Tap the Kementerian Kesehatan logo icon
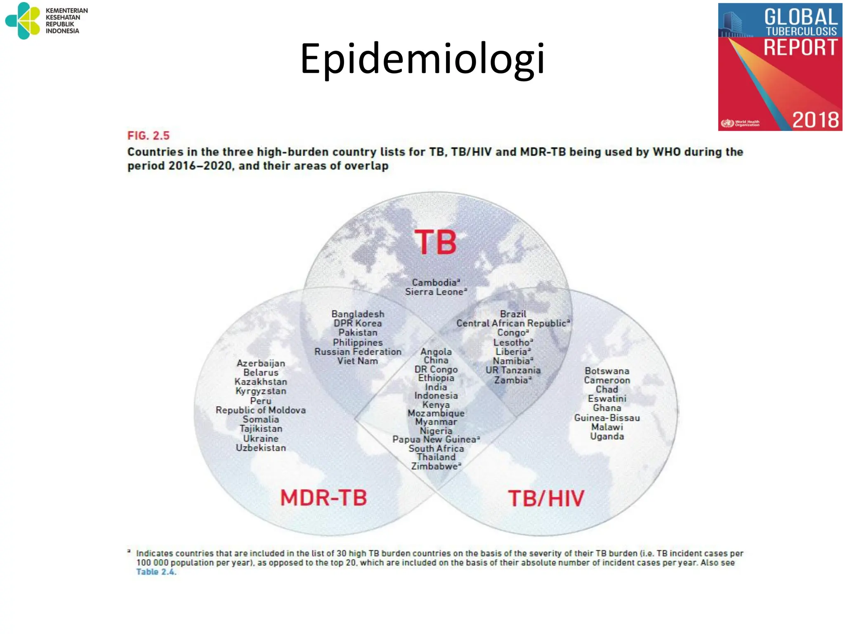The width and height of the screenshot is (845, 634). point(23,21)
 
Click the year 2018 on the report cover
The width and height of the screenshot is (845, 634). point(815,120)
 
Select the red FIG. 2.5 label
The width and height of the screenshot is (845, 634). point(149,136)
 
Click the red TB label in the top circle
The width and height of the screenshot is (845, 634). point(436,243)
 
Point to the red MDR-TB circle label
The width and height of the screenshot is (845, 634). point(323,498)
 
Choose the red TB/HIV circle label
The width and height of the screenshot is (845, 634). point(546,499)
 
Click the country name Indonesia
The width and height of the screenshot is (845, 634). point(436,396)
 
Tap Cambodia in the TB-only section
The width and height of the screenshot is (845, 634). point(435,283)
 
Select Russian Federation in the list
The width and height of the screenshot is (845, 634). point(358,352)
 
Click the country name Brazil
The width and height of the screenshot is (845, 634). point(513,314)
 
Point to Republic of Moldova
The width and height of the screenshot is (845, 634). point(261,410)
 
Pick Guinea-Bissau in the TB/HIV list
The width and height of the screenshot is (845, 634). point(607,418)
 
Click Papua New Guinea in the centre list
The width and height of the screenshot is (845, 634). point(435,440)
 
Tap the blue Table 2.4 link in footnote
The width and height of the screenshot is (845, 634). point(156,572)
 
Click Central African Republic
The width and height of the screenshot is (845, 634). point(512,324)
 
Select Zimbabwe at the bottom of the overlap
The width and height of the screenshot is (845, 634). point(435,466)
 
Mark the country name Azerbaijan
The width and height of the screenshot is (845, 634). point(261,363)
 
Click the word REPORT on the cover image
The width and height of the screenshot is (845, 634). point(800,48)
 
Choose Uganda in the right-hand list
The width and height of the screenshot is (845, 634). point(607,437)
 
